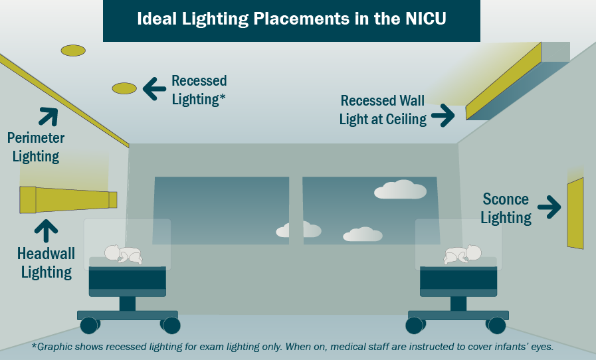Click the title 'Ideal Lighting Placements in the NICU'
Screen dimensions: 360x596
[x=291, y=19]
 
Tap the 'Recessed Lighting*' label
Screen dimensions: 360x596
[x=199, y=90]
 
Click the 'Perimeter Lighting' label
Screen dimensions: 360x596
[x=36, y=147]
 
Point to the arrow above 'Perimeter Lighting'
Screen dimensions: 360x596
[x=48, y=116]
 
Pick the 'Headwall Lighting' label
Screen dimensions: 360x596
[x=46, y=263]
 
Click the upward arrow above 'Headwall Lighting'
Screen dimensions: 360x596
[x=46, y=230]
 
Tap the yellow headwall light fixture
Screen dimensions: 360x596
[x=66, y=199]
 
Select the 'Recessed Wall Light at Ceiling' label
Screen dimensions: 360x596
[x=383, y=110]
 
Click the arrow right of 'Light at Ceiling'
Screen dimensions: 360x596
[x=443, y=116]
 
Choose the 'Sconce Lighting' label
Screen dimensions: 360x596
[x=506, y=209]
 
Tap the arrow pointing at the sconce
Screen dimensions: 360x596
[x=549, y=207]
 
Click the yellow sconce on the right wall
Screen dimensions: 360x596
[x=575, y=214]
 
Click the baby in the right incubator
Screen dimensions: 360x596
[x=463, y=255]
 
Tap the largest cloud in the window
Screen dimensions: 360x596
[x=400, y=190]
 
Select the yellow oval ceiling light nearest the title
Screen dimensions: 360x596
[x=73, y=50]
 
